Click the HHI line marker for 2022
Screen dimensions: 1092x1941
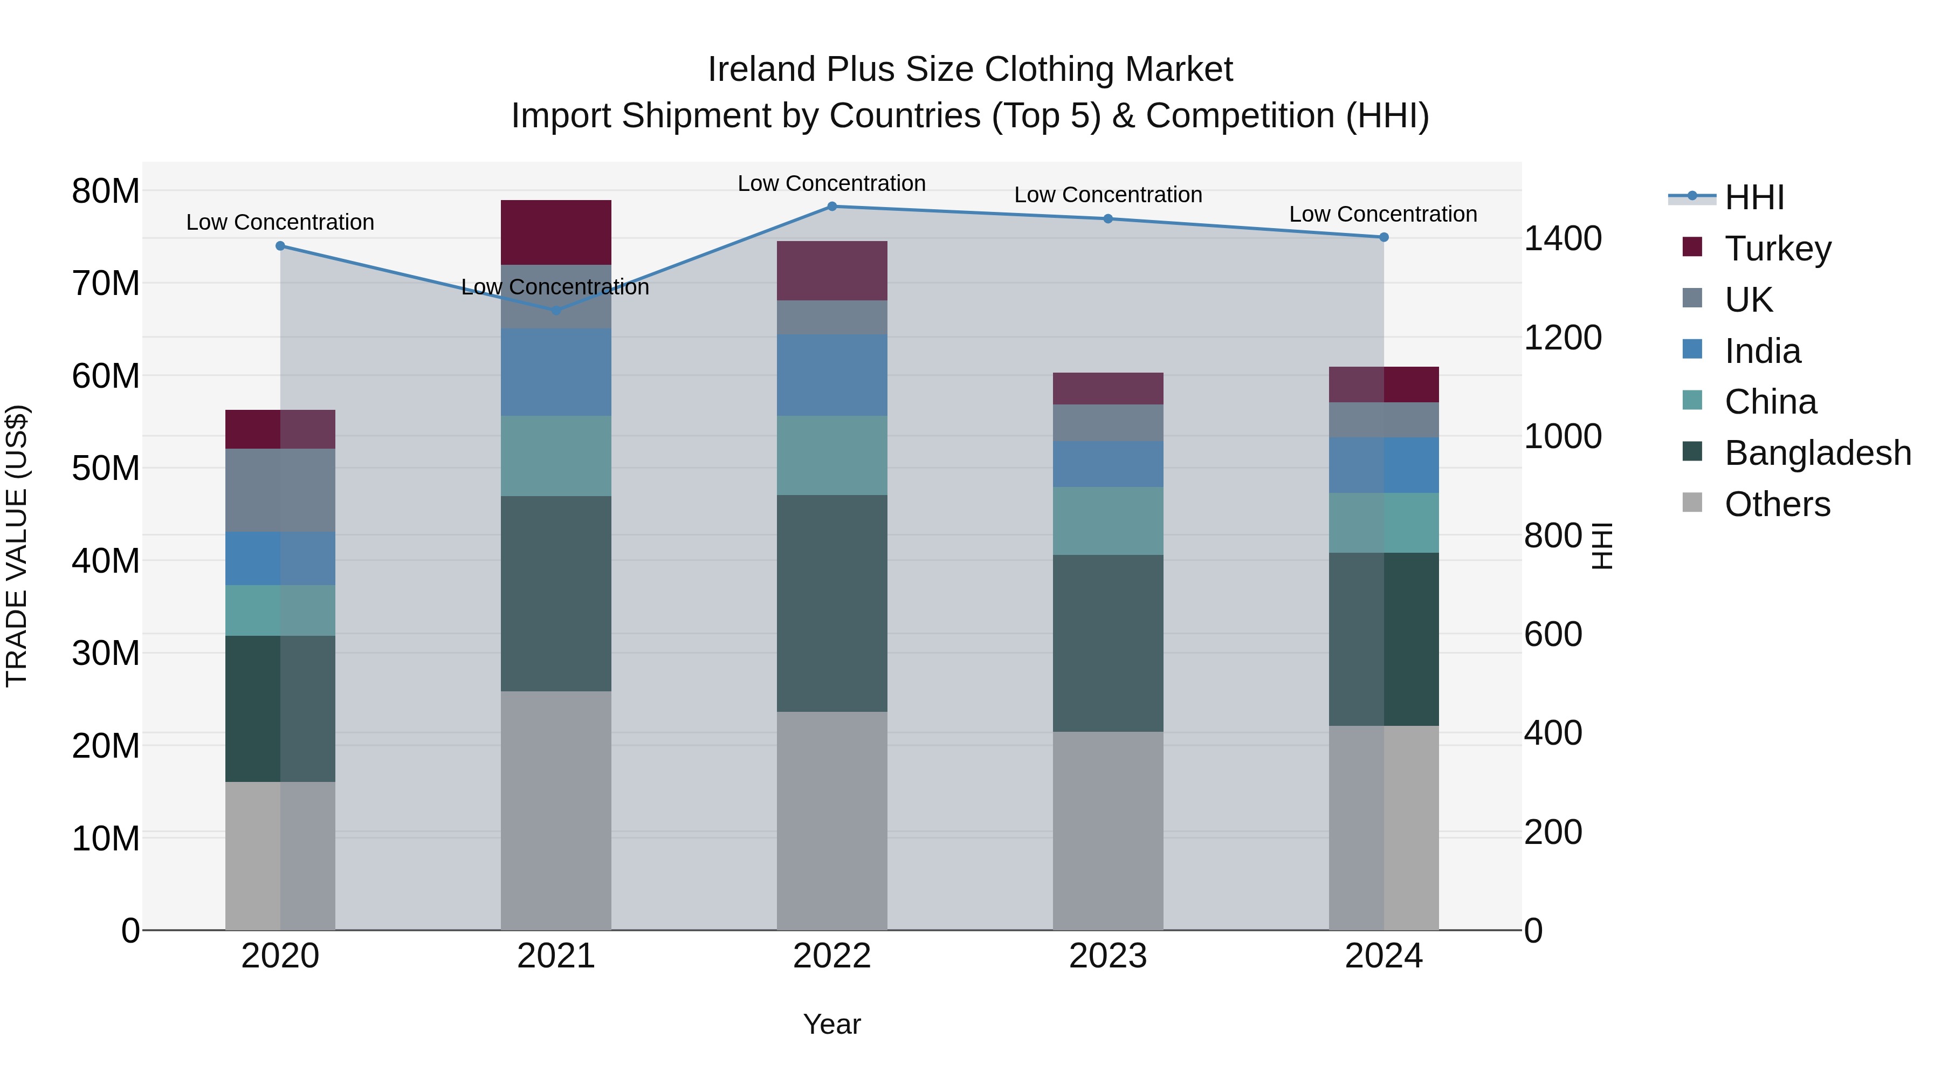832,207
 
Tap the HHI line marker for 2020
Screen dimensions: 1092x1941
280,246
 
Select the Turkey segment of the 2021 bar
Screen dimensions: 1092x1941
556,232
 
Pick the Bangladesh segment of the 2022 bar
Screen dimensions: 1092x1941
832,603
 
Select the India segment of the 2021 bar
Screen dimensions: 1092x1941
556,372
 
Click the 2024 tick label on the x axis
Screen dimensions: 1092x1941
1384,956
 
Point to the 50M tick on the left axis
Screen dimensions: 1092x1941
106,469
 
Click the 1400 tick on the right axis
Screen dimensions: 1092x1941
1563,239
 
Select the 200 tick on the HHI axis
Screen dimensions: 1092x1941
1552,832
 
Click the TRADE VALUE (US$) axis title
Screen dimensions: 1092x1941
17,546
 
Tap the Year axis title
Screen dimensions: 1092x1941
832,1024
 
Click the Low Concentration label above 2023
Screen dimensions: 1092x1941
1107,195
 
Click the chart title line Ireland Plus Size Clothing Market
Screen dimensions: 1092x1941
970,70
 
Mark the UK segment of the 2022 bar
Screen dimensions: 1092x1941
832,317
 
